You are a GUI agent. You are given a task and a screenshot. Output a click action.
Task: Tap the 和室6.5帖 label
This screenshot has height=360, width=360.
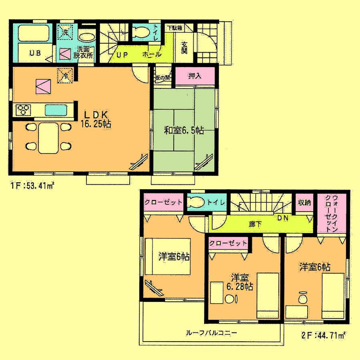click(x=184, y=130)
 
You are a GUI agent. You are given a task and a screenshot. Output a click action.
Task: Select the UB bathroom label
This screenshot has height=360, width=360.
click(x=33, y=53)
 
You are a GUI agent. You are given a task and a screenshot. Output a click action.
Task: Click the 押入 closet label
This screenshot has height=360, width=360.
click(x=194, y=76)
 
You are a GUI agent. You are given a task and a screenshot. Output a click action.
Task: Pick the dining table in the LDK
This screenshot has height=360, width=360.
click(x=48, y=138)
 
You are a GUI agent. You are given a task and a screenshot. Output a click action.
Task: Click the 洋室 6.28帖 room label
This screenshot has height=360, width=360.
click(x=239, y=282)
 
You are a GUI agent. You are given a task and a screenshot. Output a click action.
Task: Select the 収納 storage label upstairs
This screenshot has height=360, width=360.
click(x=304, y=202)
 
